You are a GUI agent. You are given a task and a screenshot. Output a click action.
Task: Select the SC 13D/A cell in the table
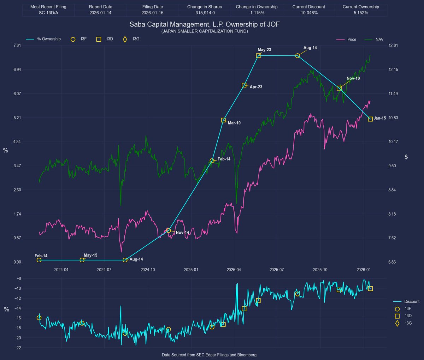pyautogui.click(x=48, y=13)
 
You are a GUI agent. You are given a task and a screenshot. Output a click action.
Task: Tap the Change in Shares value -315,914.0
pyautogui.click(x=204, y=13)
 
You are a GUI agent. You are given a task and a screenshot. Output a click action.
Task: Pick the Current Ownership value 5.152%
pyautogui.click(x=360, y=13)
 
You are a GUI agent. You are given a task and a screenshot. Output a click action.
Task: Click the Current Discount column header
pyautogui.click(x=308, y=7)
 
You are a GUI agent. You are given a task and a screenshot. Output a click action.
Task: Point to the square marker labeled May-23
pyautogui.click(x=258, y=56)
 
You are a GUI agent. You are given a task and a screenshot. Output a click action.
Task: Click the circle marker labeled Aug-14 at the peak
pyautogui.click(x=298, y=56)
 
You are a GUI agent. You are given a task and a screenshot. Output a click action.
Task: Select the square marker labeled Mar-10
pyautogui.click(x=223, y=120)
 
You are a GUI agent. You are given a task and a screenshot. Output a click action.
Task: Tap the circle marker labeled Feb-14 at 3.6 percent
pyautogui.click(x=212, y=161)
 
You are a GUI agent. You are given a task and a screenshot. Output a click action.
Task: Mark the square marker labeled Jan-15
pyautogui.click(x=370, y=119)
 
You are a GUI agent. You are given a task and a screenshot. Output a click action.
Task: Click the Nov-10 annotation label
pyautogui.click(x=353, y=78)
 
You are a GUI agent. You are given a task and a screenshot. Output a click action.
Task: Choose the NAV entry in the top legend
pyautogui.click(x=379, y=40)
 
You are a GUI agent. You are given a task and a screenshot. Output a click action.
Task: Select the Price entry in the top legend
pyautogui.click(x=352, y=40)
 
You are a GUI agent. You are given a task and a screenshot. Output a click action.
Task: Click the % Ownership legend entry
pyautogui.click(x=49, y=39)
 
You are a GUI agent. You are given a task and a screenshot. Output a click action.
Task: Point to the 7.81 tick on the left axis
pyautogui.click(x=17, y=46)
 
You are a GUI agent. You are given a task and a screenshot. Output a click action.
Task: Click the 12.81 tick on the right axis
pyautogui.click(x=393, y=46)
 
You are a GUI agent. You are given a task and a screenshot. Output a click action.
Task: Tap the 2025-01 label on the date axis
pyautogui.click(x=191, y=270)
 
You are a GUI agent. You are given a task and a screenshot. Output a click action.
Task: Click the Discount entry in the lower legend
pyautogui.click(x=412, y=301)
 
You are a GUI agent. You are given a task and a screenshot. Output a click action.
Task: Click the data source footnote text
pyautogui.click(x=209, y=355)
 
